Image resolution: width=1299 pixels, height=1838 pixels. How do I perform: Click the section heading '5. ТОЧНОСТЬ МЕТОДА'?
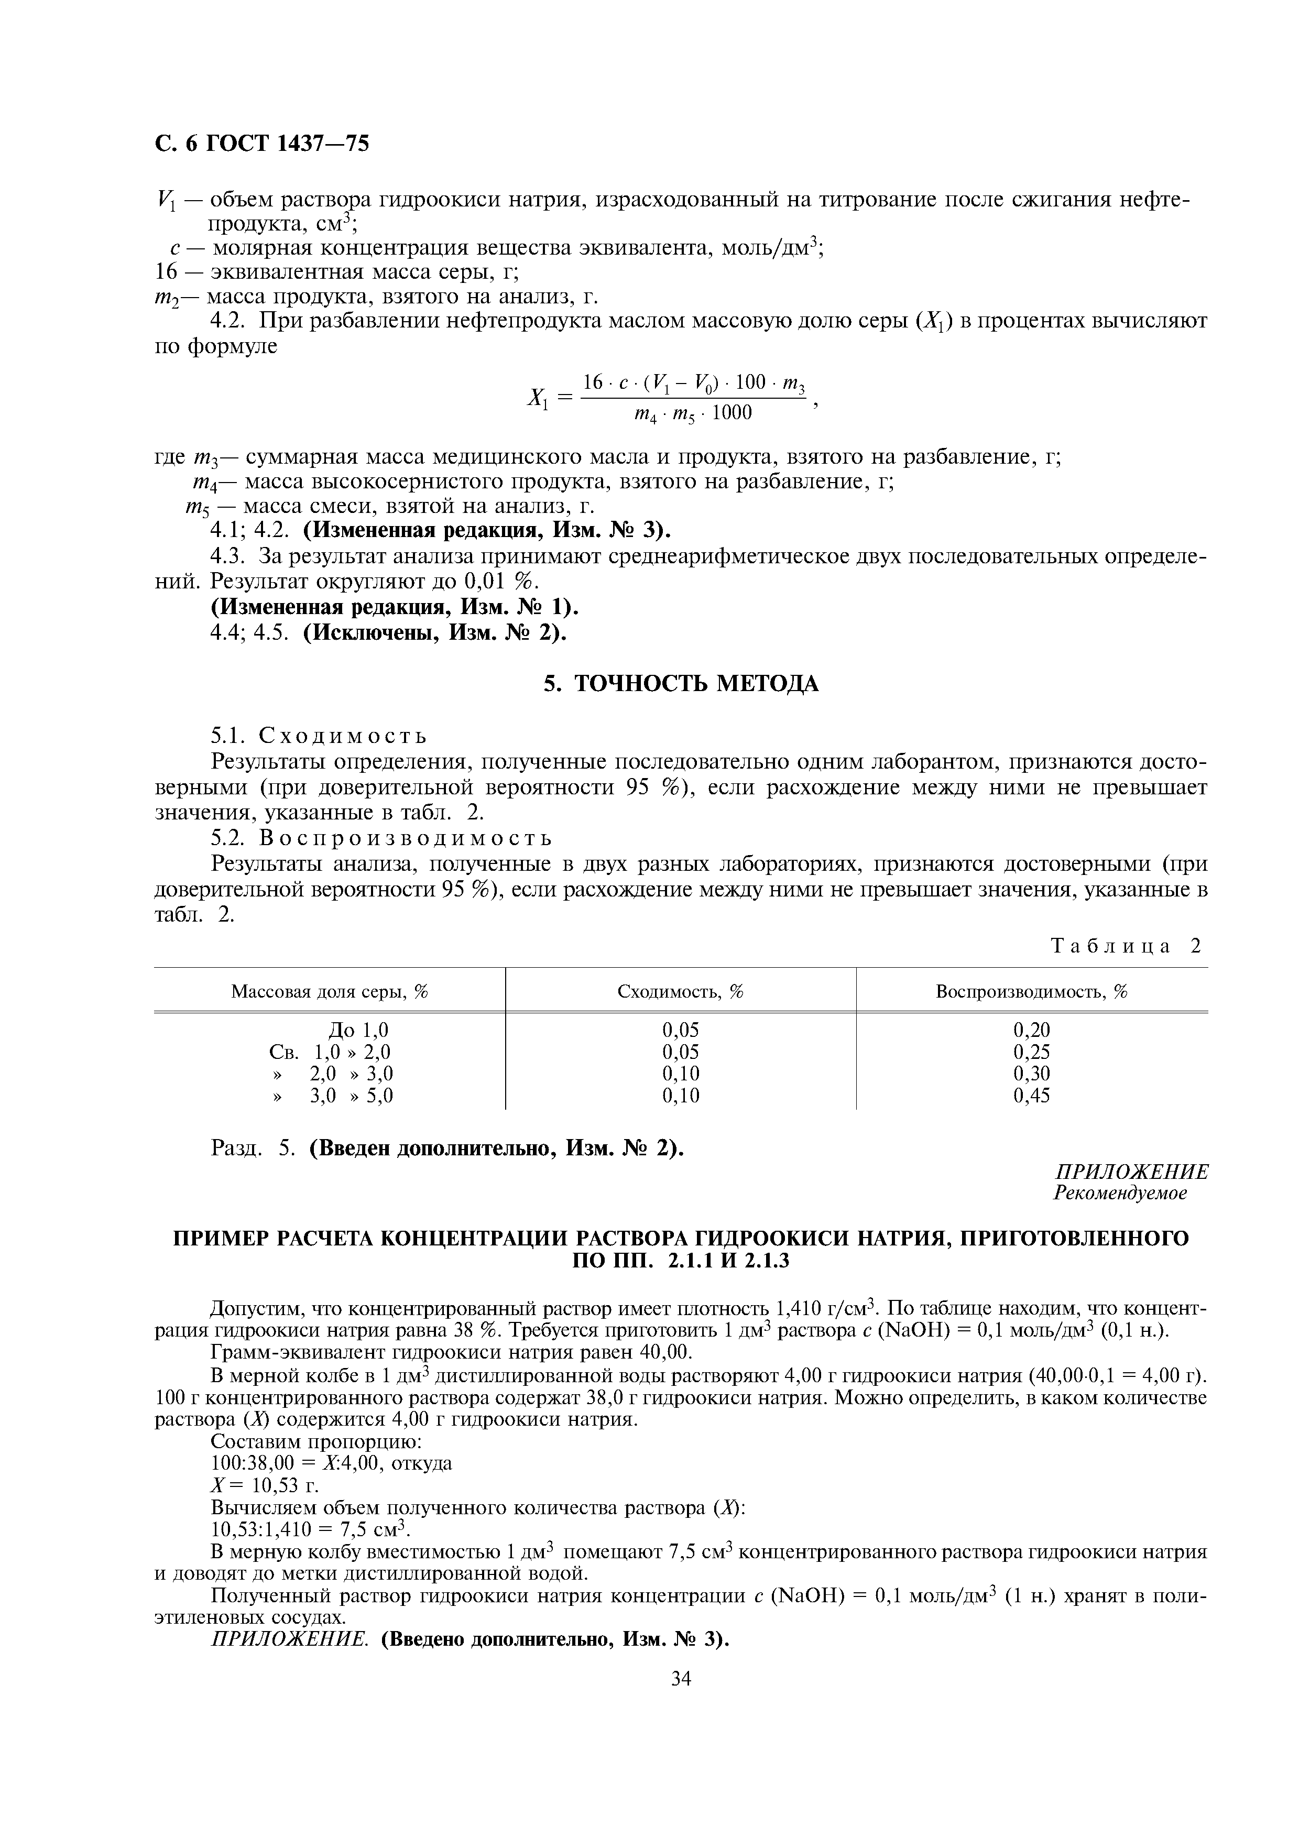[680, 684]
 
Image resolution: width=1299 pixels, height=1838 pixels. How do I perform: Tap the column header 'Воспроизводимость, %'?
[1031, 992]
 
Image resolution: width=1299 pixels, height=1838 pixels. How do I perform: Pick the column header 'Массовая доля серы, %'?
[330, 992]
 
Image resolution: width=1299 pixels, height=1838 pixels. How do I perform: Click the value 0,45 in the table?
[1031, 1095]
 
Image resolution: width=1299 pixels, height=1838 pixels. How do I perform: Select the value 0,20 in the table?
[1031, 1030]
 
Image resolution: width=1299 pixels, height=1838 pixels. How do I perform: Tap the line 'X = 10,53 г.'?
[264, 1486]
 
